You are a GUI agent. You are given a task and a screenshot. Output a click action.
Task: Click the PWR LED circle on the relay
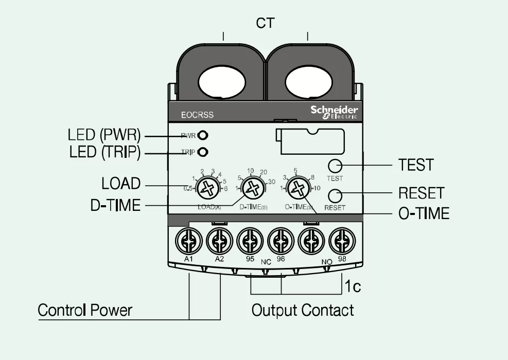click(x=202, y=136)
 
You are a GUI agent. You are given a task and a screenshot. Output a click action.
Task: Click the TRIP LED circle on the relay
click(x=202, y=152)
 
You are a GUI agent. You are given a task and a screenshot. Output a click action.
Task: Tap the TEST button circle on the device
click(x=335, y=166)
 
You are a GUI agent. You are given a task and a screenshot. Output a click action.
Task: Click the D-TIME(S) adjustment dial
click(x=252, y=188)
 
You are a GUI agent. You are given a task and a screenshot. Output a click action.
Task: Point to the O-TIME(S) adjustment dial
click(x=297, y=188)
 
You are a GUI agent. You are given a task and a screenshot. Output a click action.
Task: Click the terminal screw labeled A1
click(x=188, y=241)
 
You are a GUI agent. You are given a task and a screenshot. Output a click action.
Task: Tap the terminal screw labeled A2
click(x=219, y=241)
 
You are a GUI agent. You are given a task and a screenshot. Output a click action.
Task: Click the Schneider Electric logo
click(x=334, y=112)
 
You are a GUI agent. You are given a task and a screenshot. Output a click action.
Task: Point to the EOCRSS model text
click(x=197, y=115)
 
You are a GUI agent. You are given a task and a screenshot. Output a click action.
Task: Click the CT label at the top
click(x=265, y=23)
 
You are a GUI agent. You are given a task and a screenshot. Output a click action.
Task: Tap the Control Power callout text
click(x=85, y=311)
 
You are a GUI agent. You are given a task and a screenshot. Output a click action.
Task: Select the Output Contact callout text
click(x=303, y=311)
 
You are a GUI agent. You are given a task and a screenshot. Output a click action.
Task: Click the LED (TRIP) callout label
click(x=104, y=152)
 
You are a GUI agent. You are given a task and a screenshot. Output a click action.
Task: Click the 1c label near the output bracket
click(x=353, y=286)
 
